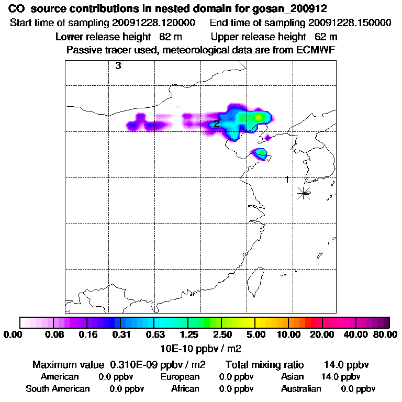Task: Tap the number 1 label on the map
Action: [x=287, y=180]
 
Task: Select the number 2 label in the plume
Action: [x=216, y=124]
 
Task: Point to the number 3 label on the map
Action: [x=118, y=66]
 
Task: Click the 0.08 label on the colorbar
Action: [x=55, y=334]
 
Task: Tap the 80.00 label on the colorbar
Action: [x=384, y=334]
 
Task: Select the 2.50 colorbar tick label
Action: [x=222, y=334]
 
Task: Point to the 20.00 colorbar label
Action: [x=322, y=334]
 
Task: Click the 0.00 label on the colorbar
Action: [x=15, y=334]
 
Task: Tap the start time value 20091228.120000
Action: [x=157, y=23]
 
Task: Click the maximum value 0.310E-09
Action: [x=137, y=364]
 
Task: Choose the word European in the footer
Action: [x=180, y=377]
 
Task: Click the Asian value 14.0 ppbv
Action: [x=340, y=377]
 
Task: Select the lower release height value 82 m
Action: [x=167, y=37]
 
